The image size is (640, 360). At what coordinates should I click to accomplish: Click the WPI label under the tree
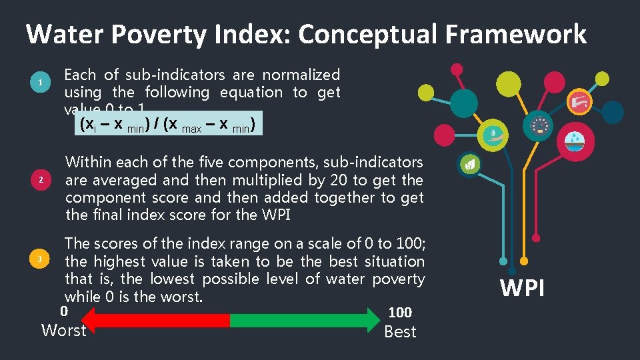(x=523, y=288)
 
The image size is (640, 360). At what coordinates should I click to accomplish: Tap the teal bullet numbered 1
(x=41, y=83)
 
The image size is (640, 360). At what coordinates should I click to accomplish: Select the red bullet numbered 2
(x=41, y=180)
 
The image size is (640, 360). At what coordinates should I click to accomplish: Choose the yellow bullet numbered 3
(x=41, y=259)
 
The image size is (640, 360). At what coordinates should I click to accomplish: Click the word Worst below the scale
(x=64, y=330)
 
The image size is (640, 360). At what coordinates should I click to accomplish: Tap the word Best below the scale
(x=400, y=331)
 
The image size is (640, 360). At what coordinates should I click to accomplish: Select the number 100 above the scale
(x=400, y=312)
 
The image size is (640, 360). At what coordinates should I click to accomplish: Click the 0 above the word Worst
(x=64, y=311)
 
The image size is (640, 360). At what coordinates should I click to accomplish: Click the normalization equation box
(x=169, y=124)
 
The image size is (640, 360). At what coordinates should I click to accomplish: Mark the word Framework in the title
(x=511, y=34)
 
